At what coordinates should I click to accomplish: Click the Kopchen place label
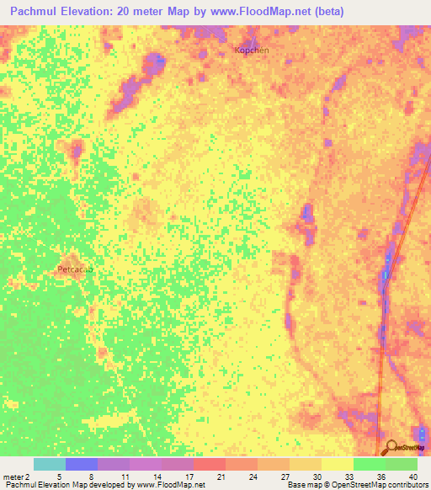(251, 51)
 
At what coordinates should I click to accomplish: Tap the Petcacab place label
(75, 269)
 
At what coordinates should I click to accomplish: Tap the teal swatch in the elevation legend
(50, 464)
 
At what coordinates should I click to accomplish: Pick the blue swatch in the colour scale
(82, 464)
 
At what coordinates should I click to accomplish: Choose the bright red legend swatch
(210, 464)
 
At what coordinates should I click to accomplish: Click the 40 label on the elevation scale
(412, 477)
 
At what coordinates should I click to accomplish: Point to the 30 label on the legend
(316, 477)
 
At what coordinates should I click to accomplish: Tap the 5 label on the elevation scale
(59, 477)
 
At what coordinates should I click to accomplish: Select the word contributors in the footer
(405, 485)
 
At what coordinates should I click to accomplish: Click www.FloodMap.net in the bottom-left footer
(171, 485)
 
